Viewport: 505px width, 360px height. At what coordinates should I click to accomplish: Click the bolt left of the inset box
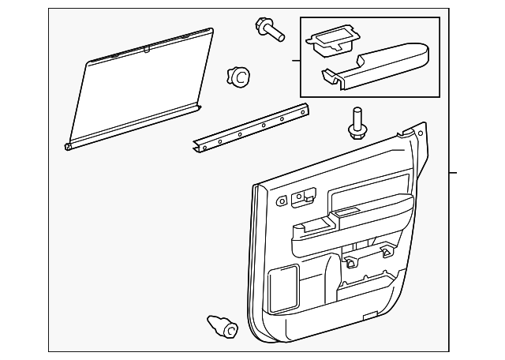(270, 29)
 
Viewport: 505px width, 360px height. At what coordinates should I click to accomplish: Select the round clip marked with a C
(238, 77)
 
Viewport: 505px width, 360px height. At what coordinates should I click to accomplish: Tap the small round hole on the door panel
(282, 202)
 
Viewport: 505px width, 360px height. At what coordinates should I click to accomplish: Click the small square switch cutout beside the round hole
(297, 200)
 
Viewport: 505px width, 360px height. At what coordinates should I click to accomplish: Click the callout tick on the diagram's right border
(452, 173)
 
